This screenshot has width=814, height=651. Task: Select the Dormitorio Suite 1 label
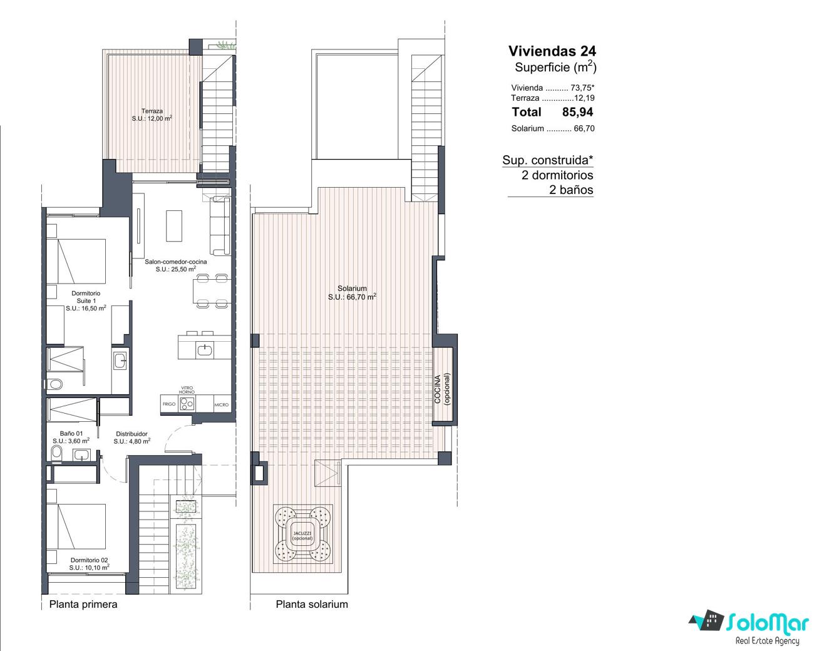tap(86, 300)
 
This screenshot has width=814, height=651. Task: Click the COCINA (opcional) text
tap(442, 389)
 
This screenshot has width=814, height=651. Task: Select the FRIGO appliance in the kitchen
tap(168, 404)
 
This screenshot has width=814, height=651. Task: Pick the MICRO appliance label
tap(221, 404)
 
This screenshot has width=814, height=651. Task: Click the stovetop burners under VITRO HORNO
tap(187, 404)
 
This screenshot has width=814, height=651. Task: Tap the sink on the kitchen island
tap(205, 351)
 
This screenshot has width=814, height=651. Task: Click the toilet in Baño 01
tap(57, 453)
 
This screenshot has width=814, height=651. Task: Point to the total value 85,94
tap(577, 112)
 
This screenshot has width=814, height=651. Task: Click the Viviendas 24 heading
tap(552, 51)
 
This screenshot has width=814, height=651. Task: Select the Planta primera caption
tap(83, 604)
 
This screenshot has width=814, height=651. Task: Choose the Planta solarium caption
tap(312, 604)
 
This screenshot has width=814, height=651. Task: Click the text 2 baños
tap(571, 190)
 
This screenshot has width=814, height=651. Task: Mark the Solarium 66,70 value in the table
tap(584, 128)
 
